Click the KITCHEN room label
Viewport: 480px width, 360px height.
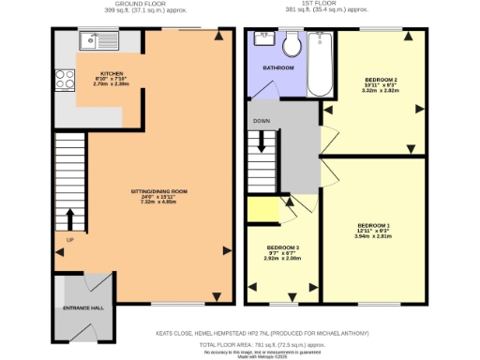point(113,72)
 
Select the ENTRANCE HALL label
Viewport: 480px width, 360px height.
point(82,307)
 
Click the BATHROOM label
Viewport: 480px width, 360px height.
point(277,68)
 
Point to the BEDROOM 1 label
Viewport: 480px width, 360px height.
point(373,225)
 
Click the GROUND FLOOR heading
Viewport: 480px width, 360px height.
point(123,5)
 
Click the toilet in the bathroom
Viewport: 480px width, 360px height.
point(292,44)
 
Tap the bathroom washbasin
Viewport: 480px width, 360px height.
point(262,40)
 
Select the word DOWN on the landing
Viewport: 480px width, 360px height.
point(262,122)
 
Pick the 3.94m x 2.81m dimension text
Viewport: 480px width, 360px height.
point(373,236)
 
